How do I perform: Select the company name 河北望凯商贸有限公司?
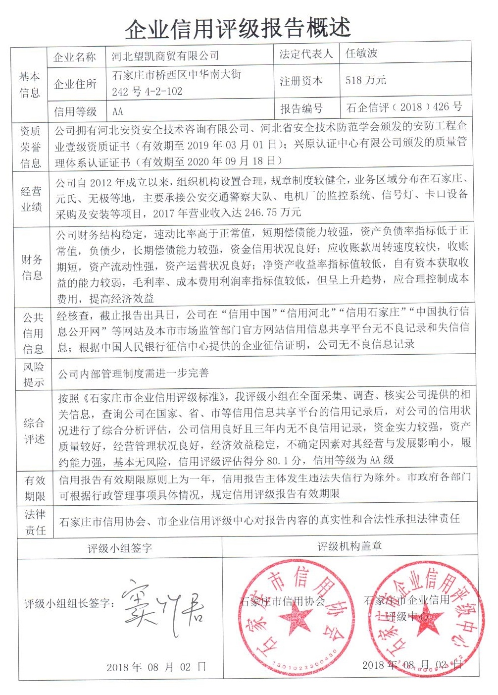165,56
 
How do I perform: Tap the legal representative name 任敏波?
361,53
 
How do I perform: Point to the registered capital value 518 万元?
365,80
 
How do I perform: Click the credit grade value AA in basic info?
117,111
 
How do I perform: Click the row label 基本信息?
29,84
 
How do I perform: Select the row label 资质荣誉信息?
30,147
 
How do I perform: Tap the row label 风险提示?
34,374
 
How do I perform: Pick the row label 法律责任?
35,522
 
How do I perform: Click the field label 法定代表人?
306,54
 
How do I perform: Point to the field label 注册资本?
301,81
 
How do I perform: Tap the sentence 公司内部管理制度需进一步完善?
133,374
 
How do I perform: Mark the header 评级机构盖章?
349,546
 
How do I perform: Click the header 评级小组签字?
120,548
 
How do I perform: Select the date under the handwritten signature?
156,667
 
